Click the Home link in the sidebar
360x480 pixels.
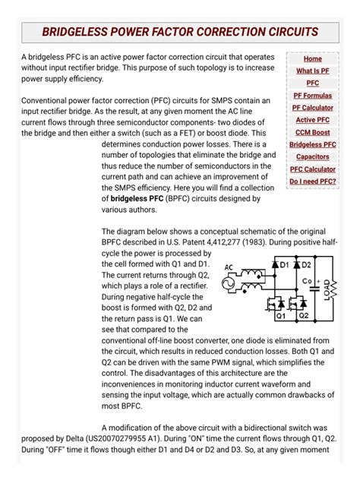click(x=312, y=58)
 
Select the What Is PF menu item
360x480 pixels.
click(x=312, y=71)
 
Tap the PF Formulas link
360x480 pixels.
click(x=312, y=96)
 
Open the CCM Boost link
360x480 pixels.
click(x=312, y=132)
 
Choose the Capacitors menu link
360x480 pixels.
click(x=312, y=157)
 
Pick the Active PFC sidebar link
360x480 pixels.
click(x=312, y=120)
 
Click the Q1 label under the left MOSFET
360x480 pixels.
click(x=281, y=314)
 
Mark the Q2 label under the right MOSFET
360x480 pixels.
click(x=305, y=314)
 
